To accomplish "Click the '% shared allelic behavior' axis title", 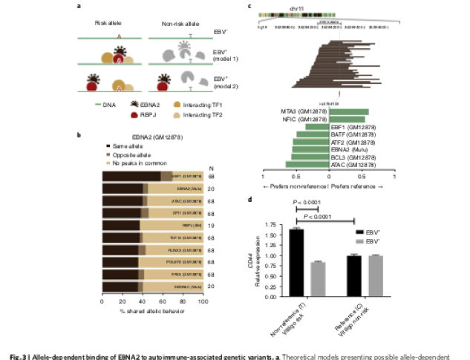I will pyautogui.click(x=152, y=310).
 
